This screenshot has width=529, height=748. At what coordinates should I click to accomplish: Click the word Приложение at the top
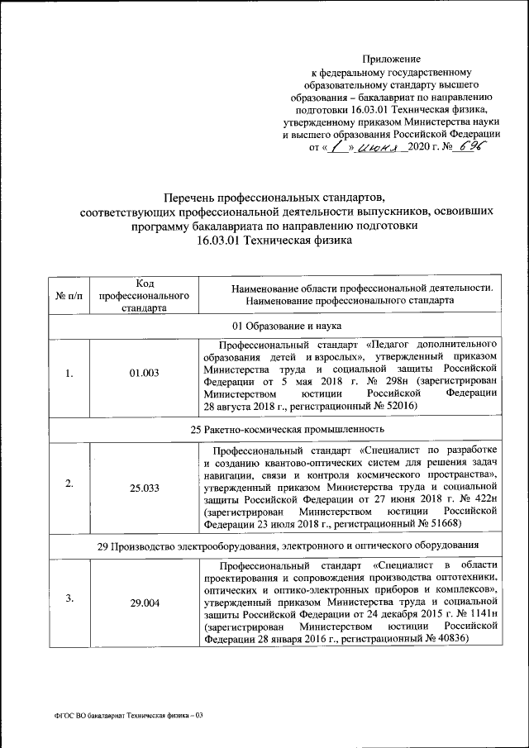tap(392, 59)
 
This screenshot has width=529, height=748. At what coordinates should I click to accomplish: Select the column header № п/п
tap(69, 296)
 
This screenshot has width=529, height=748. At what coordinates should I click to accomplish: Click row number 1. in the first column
tap(69, 374)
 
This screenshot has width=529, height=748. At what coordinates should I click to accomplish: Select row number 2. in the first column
tap(69, 484)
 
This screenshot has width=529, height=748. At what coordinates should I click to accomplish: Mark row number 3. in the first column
tap(69, 598)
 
